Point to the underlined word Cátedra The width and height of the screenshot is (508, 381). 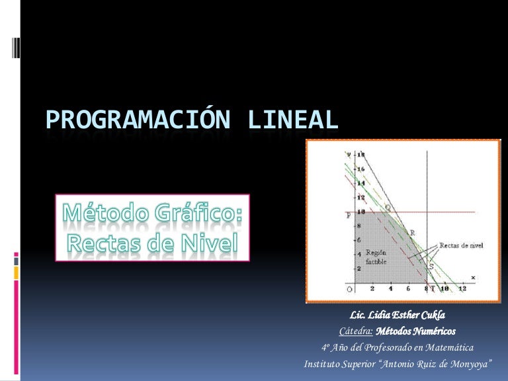point(356,330)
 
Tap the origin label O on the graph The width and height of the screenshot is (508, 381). point(349,290)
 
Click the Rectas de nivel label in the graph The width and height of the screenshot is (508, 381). point(461,245)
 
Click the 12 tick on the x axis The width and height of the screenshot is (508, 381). point(462,289)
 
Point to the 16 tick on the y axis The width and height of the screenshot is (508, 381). point(361,169)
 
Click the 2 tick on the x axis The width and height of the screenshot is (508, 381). point(372,289)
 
